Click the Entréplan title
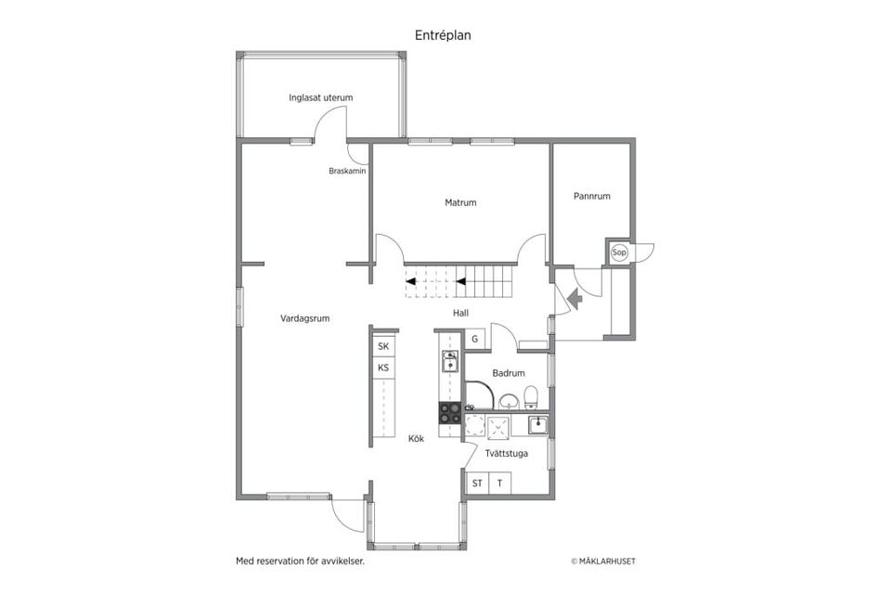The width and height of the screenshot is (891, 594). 443,35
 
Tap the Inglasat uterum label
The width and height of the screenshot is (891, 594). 320,97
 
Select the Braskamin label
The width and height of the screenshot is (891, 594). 347,171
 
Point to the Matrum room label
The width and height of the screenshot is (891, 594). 460,202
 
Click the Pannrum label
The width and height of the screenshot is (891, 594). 591,196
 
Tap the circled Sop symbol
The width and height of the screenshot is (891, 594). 619,252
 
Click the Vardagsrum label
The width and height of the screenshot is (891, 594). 304,319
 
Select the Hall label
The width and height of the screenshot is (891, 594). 460,313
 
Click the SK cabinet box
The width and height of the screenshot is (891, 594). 383,346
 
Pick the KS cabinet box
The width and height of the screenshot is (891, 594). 383,368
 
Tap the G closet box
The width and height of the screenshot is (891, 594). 475,340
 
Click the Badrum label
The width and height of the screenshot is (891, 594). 509,373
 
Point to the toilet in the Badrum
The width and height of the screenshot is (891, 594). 531,396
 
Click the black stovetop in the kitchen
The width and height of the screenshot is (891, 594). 450,413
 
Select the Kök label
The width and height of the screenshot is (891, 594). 416,439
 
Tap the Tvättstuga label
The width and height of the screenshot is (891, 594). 507,454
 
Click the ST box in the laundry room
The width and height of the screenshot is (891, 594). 477,484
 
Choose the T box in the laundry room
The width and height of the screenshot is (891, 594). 499,484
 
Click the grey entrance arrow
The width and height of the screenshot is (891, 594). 575,299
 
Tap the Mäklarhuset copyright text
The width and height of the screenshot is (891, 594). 603,561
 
